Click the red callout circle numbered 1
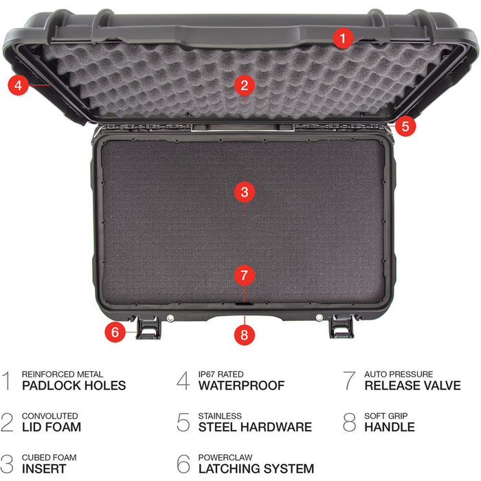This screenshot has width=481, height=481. (x=344, y=37)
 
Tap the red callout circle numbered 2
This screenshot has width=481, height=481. (x=244, y=85)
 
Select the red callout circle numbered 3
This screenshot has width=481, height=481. (x=244, y=192)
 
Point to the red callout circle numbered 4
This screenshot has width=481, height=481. (x=19, y=85)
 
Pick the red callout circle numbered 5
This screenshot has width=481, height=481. (x=405, y=126)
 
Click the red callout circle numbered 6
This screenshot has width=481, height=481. (x=115, y=332)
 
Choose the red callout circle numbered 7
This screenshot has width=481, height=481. (x=244, y=276)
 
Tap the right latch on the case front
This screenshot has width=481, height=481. (x=340, y=328)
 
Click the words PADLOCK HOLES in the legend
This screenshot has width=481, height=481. (x=74, y=385)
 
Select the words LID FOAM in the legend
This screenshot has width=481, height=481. (x=52, y=427)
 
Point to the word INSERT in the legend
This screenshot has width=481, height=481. (x=44, y=469)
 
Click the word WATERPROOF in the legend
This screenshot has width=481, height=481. (x=241, y=385)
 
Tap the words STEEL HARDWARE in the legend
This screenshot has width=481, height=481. (x=255, y=427)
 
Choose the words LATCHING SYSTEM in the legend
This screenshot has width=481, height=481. (x=256, y=469)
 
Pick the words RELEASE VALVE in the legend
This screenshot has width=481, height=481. (x=412, y=385)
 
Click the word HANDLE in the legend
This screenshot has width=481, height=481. (x=390, y=427)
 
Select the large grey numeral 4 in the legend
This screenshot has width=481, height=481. (x=183, y=380)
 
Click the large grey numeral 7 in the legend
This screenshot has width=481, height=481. (x=350, y=380)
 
